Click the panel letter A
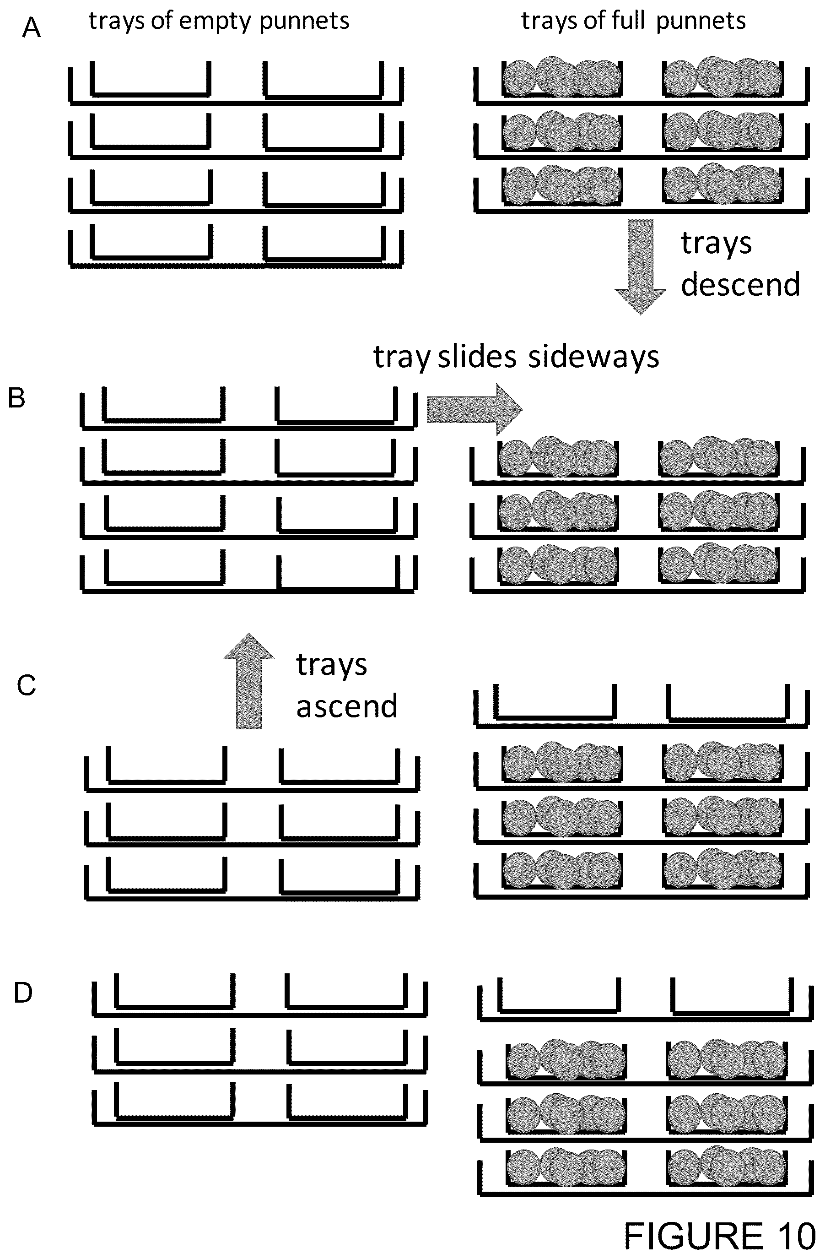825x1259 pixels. (31, 27)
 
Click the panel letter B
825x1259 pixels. (17, 398)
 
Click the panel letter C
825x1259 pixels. (26, 685)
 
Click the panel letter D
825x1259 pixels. (23, 993)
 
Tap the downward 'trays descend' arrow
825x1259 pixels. (641, 267)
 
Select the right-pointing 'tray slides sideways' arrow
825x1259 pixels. (475, 409)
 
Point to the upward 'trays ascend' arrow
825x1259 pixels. (248, 681)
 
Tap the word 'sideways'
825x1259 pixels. (594, 358)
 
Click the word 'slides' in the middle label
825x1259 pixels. (477, 357)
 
